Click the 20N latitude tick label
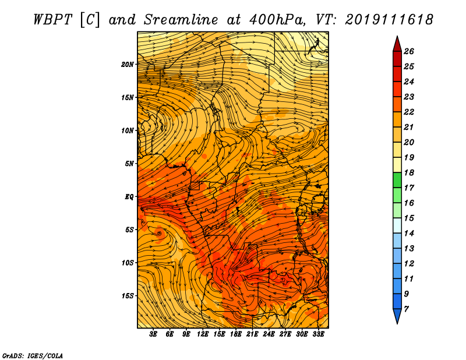pos(128,65)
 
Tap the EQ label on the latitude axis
pos(129,197)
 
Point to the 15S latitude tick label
pos(128,296)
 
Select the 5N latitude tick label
pos(129,164)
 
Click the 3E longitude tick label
pos(153,334)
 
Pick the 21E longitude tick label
pos(252,334)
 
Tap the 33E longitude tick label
pos(318,334)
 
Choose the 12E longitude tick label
pos(202,334)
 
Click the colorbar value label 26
pos(409,51)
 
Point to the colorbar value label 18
pos(409,172)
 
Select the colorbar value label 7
pos(406,309)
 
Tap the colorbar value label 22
pos(409,112)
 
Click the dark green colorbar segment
pos(397,180)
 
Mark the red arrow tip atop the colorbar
pos(397,36)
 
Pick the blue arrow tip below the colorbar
pos(397,323)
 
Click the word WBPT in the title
pos(52,20)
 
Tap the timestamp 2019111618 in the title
pos(389,20)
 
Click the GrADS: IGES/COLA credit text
pos(33,356)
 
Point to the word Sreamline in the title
pos(181,20)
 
